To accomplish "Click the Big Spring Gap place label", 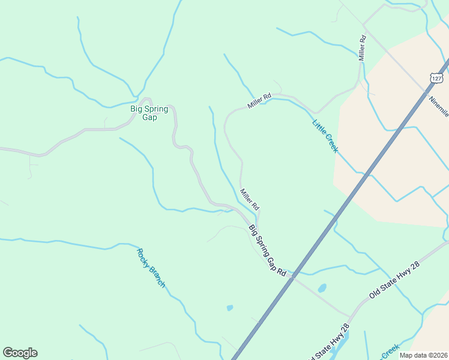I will tap(149, 113).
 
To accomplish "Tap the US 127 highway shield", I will tap(436, 78).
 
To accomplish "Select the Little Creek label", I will tap(325, 136).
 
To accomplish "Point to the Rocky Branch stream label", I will tap(151, 268).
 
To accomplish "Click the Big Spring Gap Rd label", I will tap(267, 250).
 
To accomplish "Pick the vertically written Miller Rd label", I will tap(363, 47).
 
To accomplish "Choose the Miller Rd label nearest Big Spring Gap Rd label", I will tap(250, 199).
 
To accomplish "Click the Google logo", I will tap(20, 353).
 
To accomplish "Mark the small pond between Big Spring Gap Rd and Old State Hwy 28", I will tap(322, 288).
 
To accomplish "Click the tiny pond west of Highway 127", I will tap(230, 308).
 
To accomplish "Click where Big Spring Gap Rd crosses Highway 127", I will tap(293, 275).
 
